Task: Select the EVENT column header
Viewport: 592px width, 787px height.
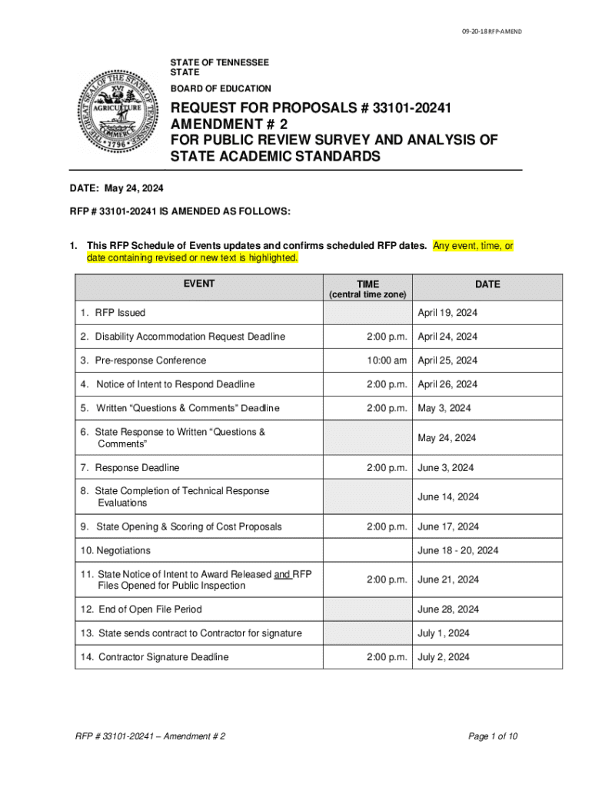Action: tap(198, 284)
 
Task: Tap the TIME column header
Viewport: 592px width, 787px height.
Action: tap(368, 284)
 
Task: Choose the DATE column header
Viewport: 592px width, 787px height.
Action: tap(487, 284)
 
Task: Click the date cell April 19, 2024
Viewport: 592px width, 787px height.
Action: tap(447, 313)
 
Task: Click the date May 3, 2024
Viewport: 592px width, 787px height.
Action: tap(444, 408)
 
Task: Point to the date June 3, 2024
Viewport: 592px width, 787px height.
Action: tap(446, 467)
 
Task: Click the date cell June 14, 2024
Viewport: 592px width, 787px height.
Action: tap(448, 496)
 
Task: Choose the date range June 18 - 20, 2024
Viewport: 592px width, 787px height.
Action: tap(458, 550)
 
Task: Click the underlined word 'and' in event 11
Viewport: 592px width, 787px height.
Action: tap(282, 573)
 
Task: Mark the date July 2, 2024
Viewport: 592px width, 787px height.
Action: tap(444, 657)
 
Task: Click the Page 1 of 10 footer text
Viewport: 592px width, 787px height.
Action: tap(493, 736)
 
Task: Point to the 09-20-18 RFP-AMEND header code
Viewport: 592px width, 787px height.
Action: tap(491, 31)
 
